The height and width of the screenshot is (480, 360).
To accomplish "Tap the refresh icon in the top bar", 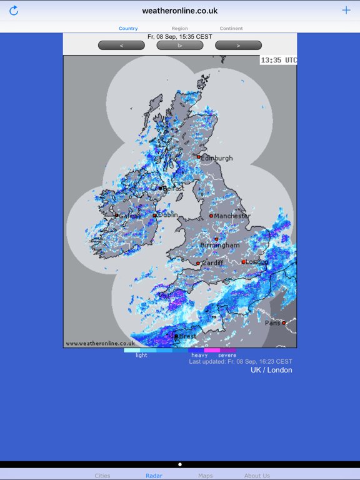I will click(14, 11).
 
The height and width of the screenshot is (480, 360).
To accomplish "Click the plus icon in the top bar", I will click(346, 10).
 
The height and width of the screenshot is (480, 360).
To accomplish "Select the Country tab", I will click(128, 29).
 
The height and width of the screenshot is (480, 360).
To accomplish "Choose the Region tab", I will click(179, 29).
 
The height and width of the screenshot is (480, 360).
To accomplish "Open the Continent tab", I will click(231, 29).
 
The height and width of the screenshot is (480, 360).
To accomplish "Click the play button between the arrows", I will click(180, 45).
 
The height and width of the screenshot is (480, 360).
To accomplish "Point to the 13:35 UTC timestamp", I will click(279, 61).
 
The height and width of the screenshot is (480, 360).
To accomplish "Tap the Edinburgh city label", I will click(217, 158).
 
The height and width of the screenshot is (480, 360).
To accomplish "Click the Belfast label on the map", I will click(173, 188).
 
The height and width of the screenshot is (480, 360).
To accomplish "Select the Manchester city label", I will click(232, 216).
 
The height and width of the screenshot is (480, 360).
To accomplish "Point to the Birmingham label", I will click(219, 246).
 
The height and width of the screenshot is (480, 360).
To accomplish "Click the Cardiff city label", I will click(212, 263).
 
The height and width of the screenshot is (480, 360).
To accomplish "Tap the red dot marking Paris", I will click(284, 323).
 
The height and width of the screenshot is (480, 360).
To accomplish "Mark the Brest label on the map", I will click(187, 336).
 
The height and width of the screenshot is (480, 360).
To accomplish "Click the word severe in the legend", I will click(227, 356).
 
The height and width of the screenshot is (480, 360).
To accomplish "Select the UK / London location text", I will click(271, 370).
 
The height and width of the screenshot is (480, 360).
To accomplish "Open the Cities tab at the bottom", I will click(102, 476).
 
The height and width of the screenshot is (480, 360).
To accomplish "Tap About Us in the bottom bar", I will click(257, 476).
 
